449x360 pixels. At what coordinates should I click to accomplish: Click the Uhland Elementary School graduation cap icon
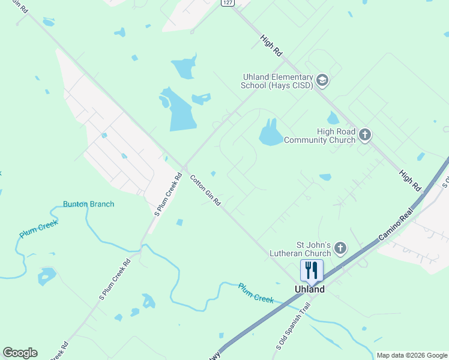click(322, 81)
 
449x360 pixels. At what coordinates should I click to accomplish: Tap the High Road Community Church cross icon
click(365, 136)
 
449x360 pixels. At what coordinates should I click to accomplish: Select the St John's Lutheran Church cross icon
click(340, 248)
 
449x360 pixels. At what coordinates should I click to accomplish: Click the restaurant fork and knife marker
click(311, 270)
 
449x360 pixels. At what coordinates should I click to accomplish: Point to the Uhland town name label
click(310, 289)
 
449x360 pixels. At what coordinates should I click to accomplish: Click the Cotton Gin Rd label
click(205, 190)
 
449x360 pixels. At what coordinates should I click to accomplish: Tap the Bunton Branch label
click(88, 204)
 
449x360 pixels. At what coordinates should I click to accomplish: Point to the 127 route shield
click(226, 2)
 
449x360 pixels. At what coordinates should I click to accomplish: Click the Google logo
click(20, 353)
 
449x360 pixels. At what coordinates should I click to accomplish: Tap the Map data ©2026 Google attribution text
click(411, 355)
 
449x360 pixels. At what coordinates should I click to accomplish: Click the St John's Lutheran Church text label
click(306, 248)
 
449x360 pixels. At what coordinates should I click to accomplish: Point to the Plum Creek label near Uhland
click(255, 293)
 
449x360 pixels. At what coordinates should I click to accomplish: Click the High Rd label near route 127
click(271, 46)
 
